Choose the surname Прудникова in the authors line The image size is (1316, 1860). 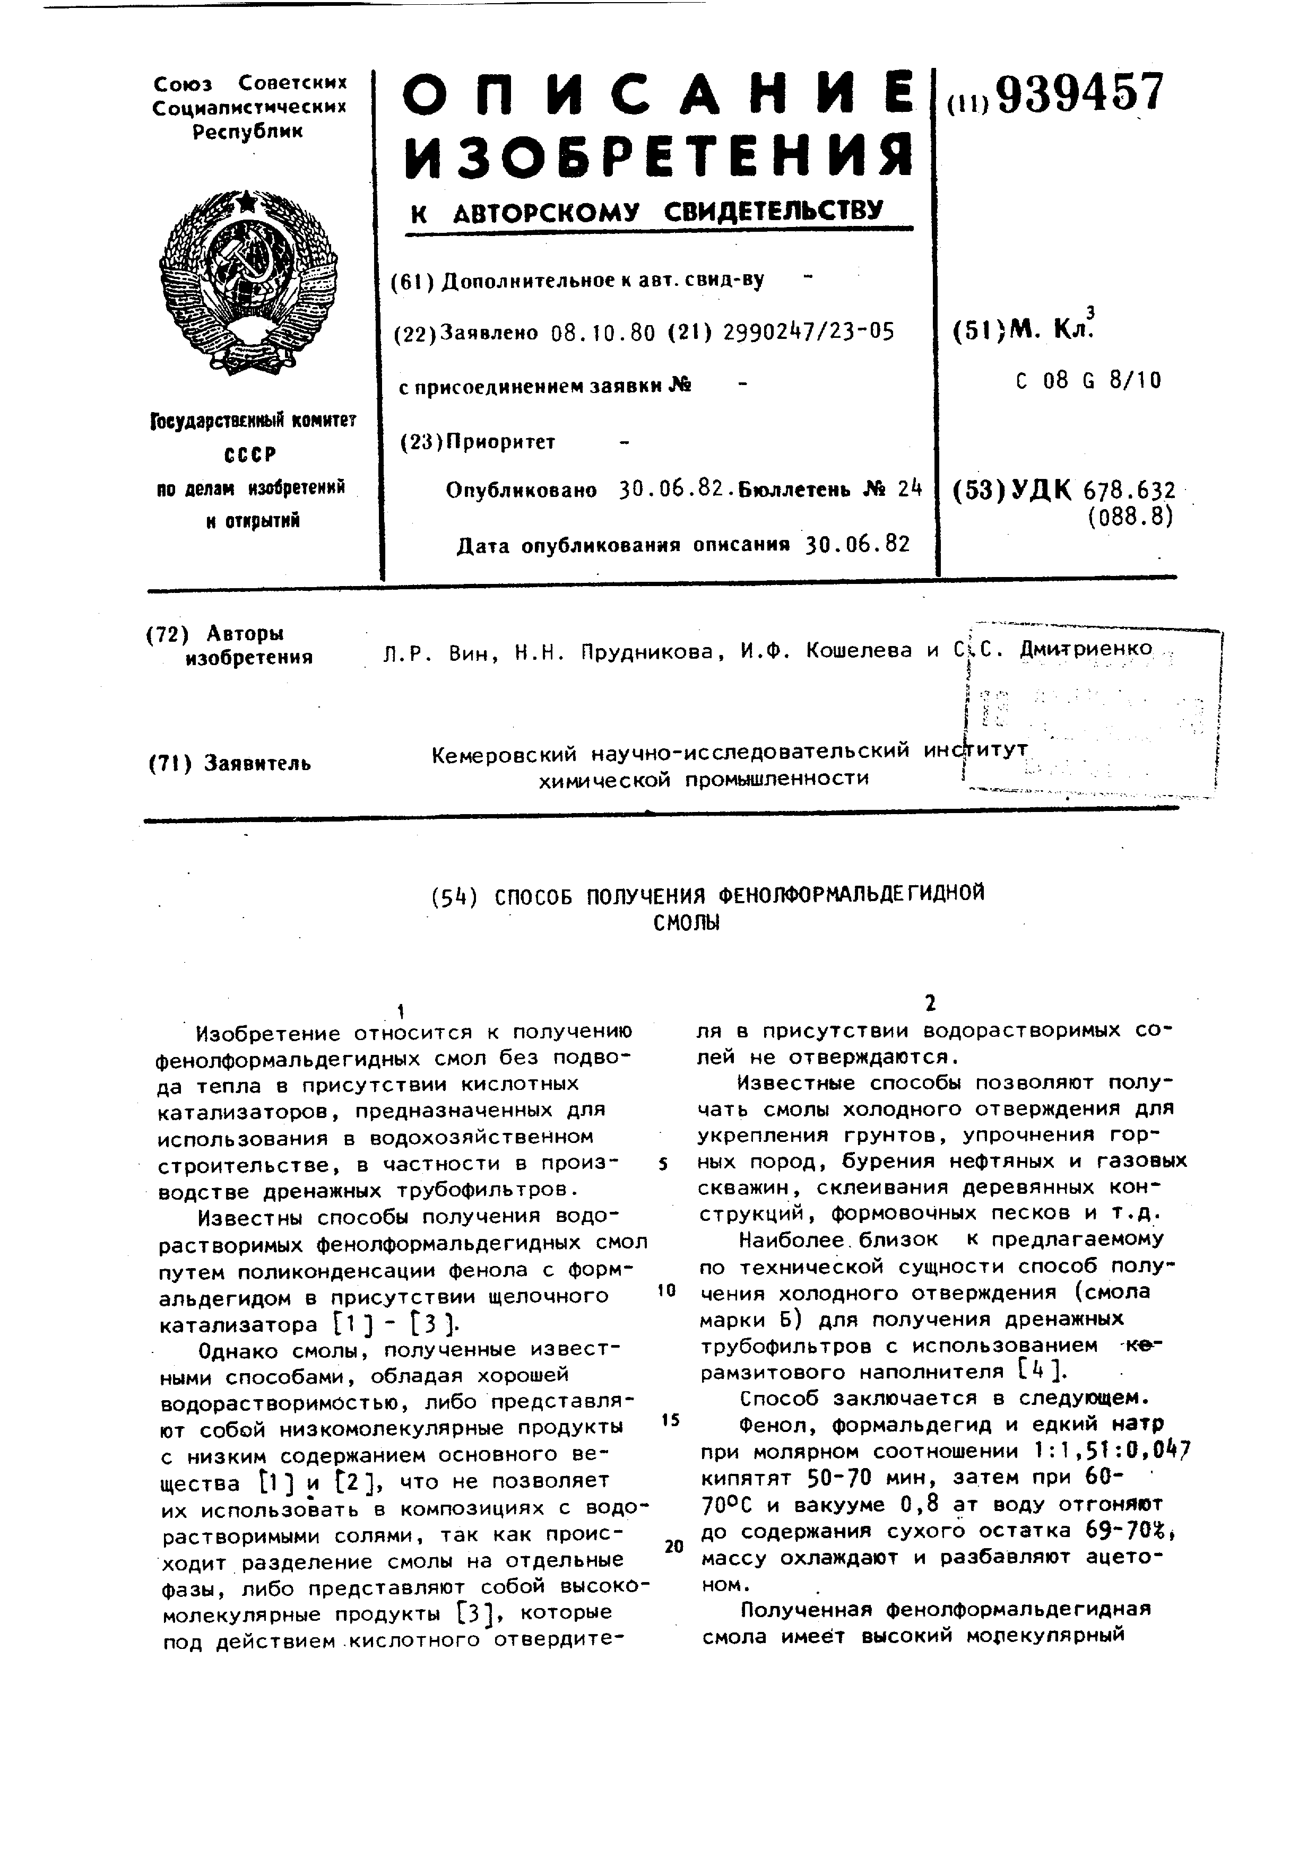pyautogui.click(x=648, y=651)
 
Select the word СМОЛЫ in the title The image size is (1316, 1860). pyautogui.click(x=686, y=923)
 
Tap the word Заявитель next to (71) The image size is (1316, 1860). pyautogui.click(x=257, y=763)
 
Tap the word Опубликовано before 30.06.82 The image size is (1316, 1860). pyautogui.click(x=521, y=491)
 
